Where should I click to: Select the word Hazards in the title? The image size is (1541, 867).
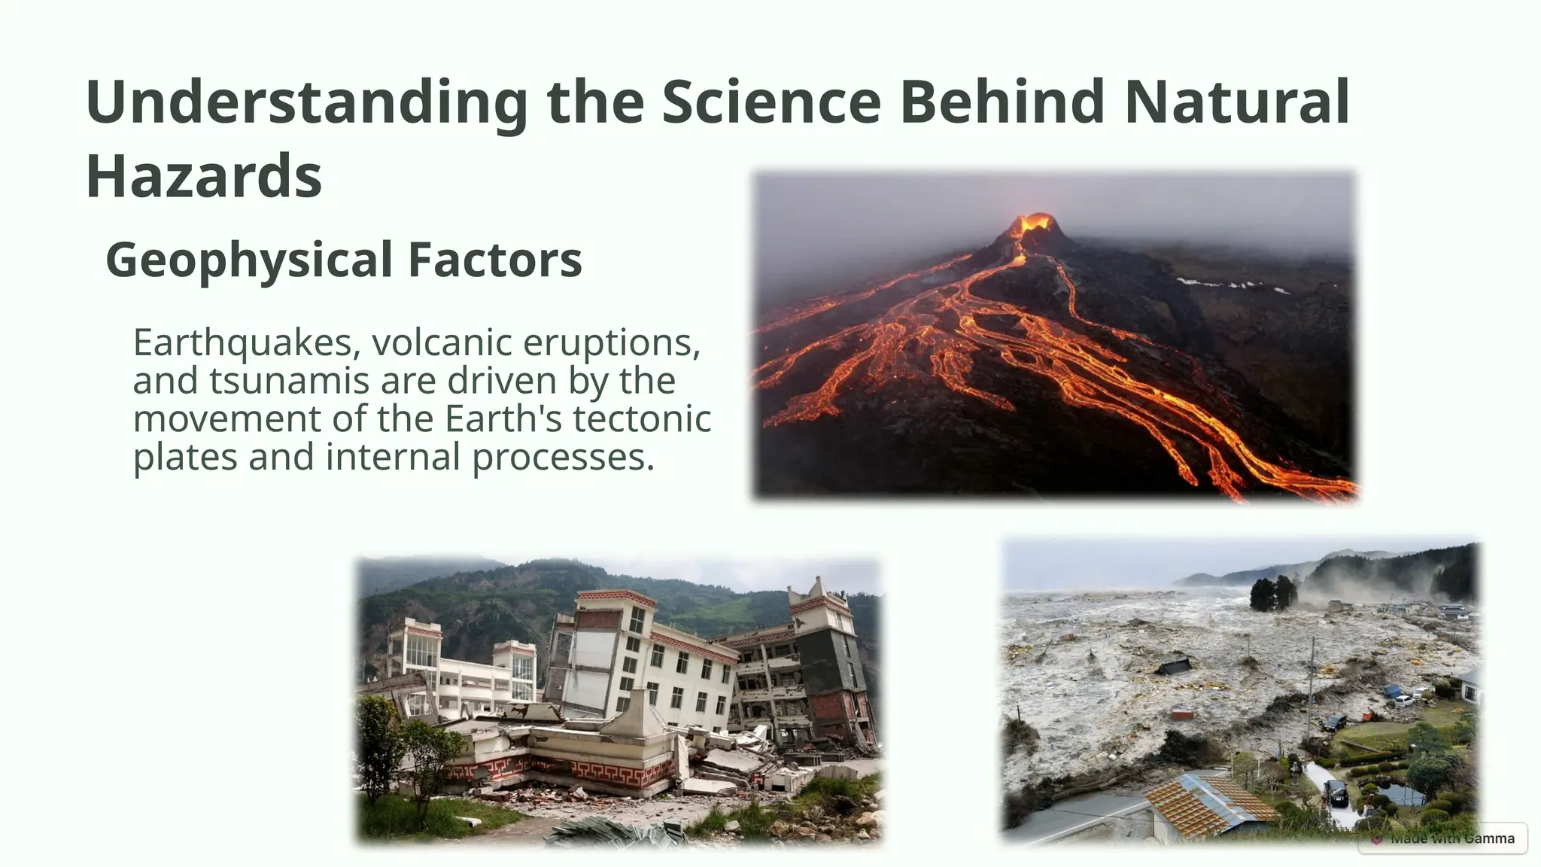[x=204, y=175]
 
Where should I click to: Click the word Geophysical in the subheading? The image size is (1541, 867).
[x=249, y=260]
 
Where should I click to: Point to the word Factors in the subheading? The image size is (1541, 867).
[x=494, y=260]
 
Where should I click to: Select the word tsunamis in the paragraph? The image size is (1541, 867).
[x=289, y=381]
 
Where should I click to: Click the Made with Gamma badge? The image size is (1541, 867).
[x=1443, y=838]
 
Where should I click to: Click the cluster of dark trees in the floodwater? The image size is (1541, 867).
[x=1273, y=593]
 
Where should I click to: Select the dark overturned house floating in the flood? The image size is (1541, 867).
[x=1174, y=666]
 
